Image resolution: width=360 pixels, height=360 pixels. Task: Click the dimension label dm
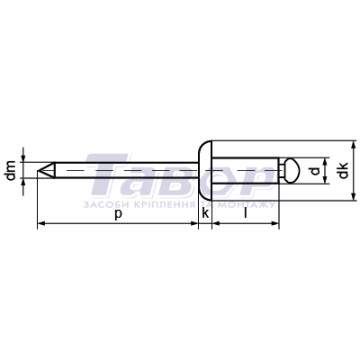(11, 170)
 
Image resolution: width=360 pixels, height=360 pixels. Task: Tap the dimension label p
(117, 214)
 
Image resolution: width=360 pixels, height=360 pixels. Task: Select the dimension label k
(206, 213)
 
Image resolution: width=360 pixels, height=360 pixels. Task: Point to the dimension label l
(246, 213)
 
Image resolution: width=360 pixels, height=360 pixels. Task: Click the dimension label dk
(343, 170)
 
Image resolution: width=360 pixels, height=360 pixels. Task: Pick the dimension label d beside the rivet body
(315, 171)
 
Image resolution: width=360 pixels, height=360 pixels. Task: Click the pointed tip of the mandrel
(37, 170)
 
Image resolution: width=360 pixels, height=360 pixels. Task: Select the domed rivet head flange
(205, 171)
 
